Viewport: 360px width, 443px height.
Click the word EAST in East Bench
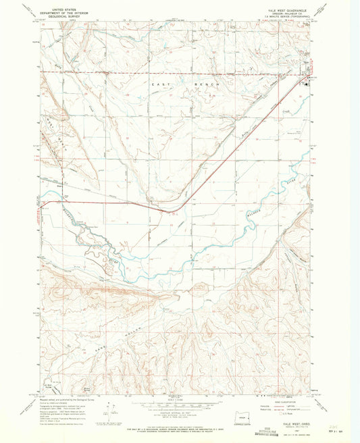click(157, 82)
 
